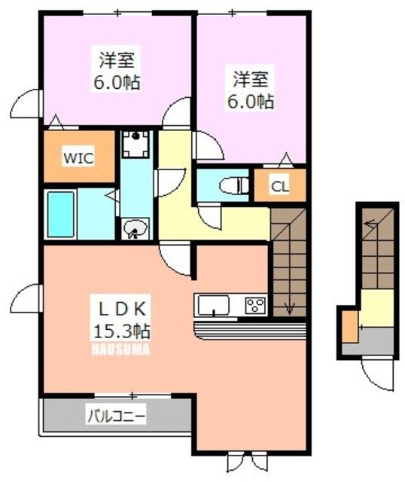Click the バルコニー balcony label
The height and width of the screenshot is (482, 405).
114,415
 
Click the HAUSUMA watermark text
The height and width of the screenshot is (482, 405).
120,349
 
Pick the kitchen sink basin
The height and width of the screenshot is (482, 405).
213,306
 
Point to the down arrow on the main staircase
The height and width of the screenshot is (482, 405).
290,307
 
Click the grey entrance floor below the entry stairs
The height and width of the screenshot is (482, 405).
375,341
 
